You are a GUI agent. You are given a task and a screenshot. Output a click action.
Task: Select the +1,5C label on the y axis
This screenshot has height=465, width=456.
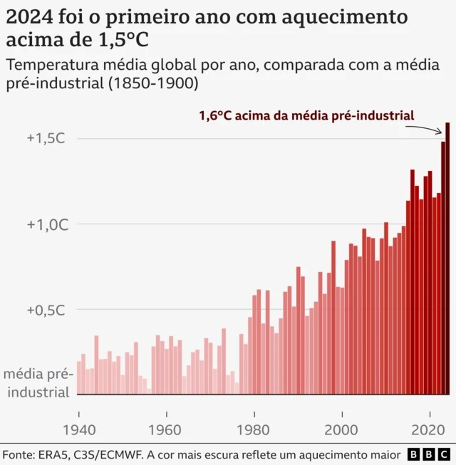point(46,138)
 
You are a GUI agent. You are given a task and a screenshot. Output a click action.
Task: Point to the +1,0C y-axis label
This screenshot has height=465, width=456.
point(46,224)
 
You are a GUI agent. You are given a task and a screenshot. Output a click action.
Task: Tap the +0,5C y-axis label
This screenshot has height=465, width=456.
point(46,310)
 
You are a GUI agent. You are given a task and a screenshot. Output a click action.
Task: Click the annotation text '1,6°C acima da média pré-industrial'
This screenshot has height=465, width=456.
point(306,115)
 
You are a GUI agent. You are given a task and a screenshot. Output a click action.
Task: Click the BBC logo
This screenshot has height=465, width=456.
point(429,454)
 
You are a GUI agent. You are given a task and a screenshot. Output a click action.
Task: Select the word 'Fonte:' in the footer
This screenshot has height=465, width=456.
point(19,454)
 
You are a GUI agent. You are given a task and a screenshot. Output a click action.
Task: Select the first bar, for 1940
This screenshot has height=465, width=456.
point(79,377)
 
